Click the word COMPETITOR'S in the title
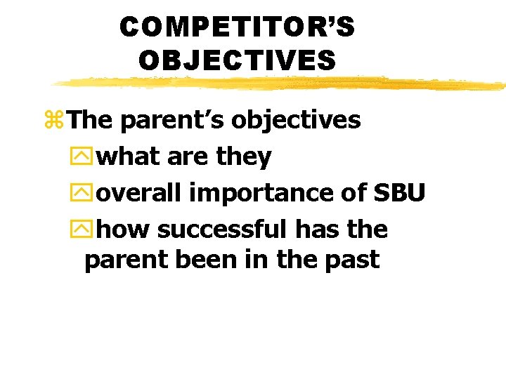[x=237, y=27]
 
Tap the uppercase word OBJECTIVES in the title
[x=237, y=60]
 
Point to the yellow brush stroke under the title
[x=281, y=84]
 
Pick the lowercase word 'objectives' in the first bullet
[x=297, y=121]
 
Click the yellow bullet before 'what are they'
[x=87, y=157]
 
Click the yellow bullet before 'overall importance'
[x=87, y=192]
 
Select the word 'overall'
[x=141, y=192]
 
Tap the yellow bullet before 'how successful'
[x=87, y=229]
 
